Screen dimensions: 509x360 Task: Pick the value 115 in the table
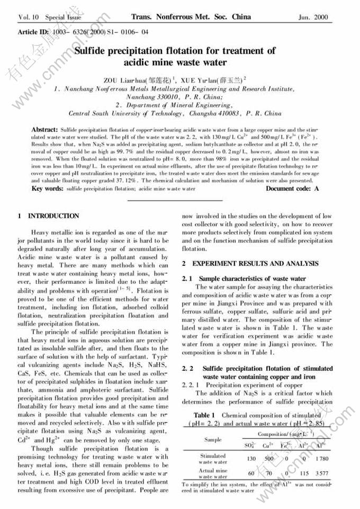(304, 473)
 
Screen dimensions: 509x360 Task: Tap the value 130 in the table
(251, 458)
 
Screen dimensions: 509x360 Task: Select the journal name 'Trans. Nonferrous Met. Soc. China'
(191, 17)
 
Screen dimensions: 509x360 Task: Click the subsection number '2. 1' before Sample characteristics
(186, 279)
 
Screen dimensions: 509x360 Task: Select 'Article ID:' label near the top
(34, 32)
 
